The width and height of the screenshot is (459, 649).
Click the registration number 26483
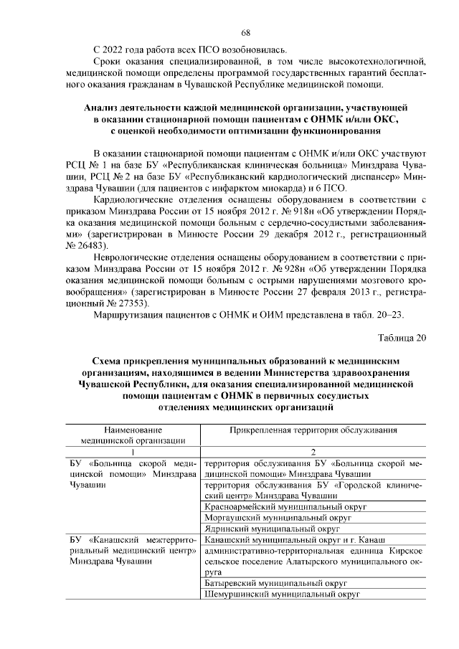point(85,245)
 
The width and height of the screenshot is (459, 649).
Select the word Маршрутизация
point(129,318)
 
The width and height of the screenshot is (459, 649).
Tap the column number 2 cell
point(313,452)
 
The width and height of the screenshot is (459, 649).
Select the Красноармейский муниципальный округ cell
point(285,507)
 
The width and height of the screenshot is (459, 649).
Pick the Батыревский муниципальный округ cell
point(275,584)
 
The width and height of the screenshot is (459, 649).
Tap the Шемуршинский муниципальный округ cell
point(280,594)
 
